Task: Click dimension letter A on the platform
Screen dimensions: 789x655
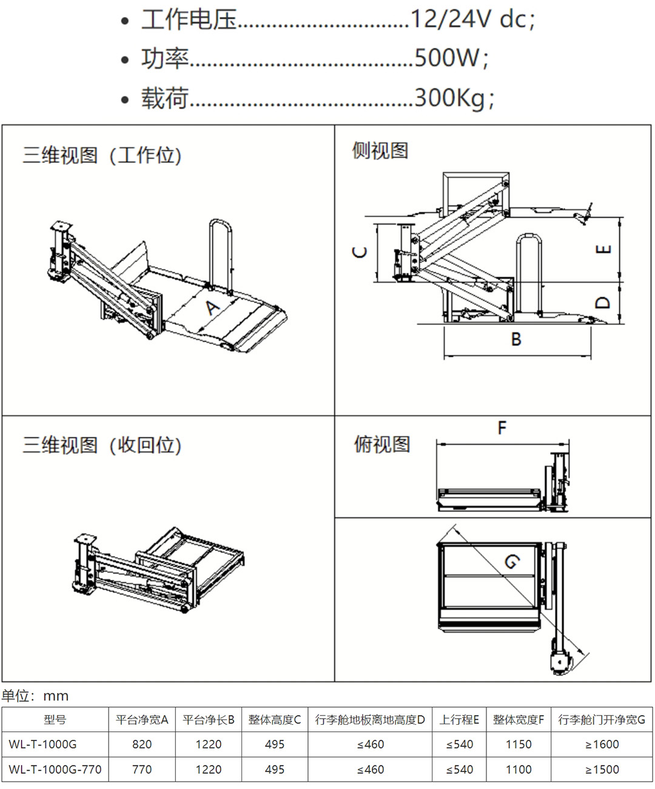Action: [211, 308]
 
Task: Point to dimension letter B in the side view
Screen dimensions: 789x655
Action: [516, 340]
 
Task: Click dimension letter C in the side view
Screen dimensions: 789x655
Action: [360, 252]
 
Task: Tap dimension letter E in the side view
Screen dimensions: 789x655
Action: [603, 249]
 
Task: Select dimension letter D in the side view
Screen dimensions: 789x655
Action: [602, 301]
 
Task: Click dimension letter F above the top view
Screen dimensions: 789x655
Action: [502, 428]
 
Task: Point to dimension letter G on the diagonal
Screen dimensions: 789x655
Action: [511, 562]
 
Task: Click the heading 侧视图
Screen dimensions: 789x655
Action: [380, 150]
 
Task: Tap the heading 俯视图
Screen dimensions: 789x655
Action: [382, 445]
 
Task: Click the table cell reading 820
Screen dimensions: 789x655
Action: [142, 744]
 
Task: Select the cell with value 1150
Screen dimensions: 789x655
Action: [519, 744]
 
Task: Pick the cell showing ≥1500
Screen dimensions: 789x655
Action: [602, 770]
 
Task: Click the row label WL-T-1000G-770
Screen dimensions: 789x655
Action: [55, 770]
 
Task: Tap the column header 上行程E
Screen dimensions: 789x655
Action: [459, 720]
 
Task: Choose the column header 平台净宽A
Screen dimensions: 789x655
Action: [142, 720]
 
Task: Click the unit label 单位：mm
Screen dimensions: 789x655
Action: [35, 696]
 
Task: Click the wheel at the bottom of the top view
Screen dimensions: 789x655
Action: [559, 663]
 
